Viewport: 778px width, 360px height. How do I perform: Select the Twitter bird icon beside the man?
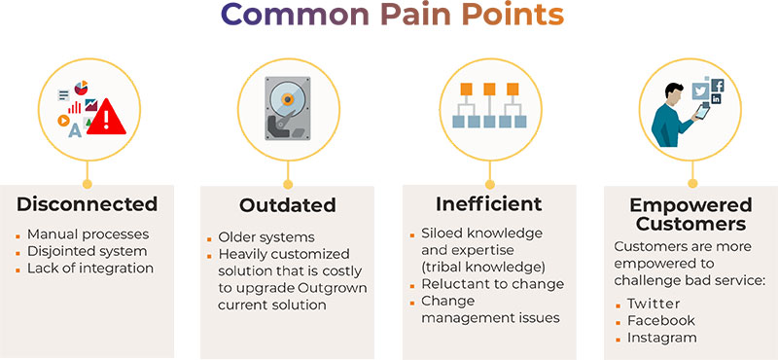click(700, 90)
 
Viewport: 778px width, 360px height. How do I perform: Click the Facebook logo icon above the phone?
click(718, 86)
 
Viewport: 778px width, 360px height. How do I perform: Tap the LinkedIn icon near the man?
click(717, 99)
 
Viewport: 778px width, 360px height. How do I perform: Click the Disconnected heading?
click(87, 204)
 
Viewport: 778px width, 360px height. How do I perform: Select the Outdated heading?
click(288, 205)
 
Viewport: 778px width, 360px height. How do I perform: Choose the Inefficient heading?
click(488, 204)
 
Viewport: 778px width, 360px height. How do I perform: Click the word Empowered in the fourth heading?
click(690, 204)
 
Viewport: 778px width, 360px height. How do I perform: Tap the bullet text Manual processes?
click(88, 234)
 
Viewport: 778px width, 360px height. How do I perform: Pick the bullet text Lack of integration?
click(90, 268)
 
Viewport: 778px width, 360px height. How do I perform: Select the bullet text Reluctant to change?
click(492, 284)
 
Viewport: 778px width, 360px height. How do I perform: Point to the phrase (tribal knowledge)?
click(478, 267)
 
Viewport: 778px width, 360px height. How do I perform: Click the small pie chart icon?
click(80, 88)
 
